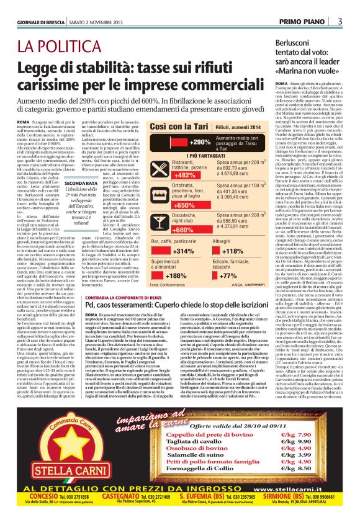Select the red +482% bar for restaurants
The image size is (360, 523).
(x=168, y=175)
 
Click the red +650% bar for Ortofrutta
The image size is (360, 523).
(x=168, y=205)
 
